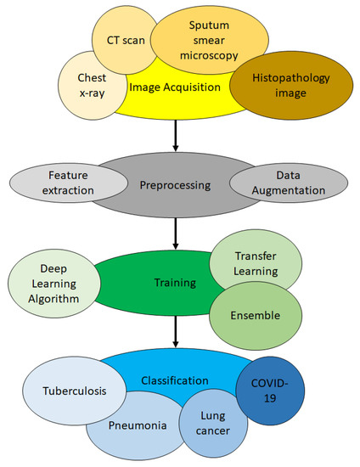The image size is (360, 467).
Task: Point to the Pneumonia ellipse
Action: (x=129, y=425)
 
